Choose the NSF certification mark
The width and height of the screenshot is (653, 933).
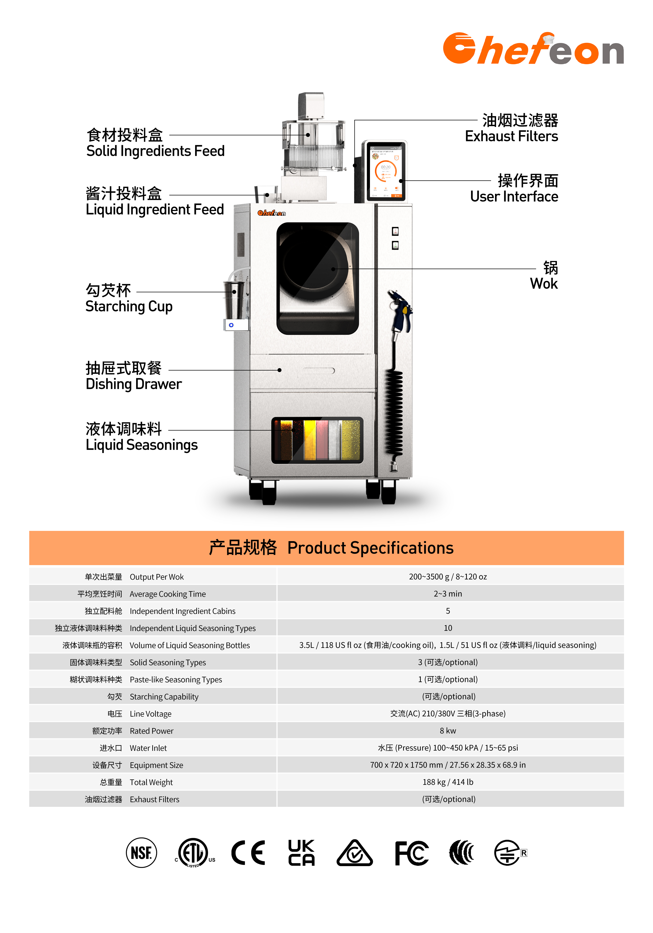coord(141,852)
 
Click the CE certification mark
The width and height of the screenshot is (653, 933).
coord(248,852)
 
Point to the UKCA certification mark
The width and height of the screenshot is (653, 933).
coord(301,852)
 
